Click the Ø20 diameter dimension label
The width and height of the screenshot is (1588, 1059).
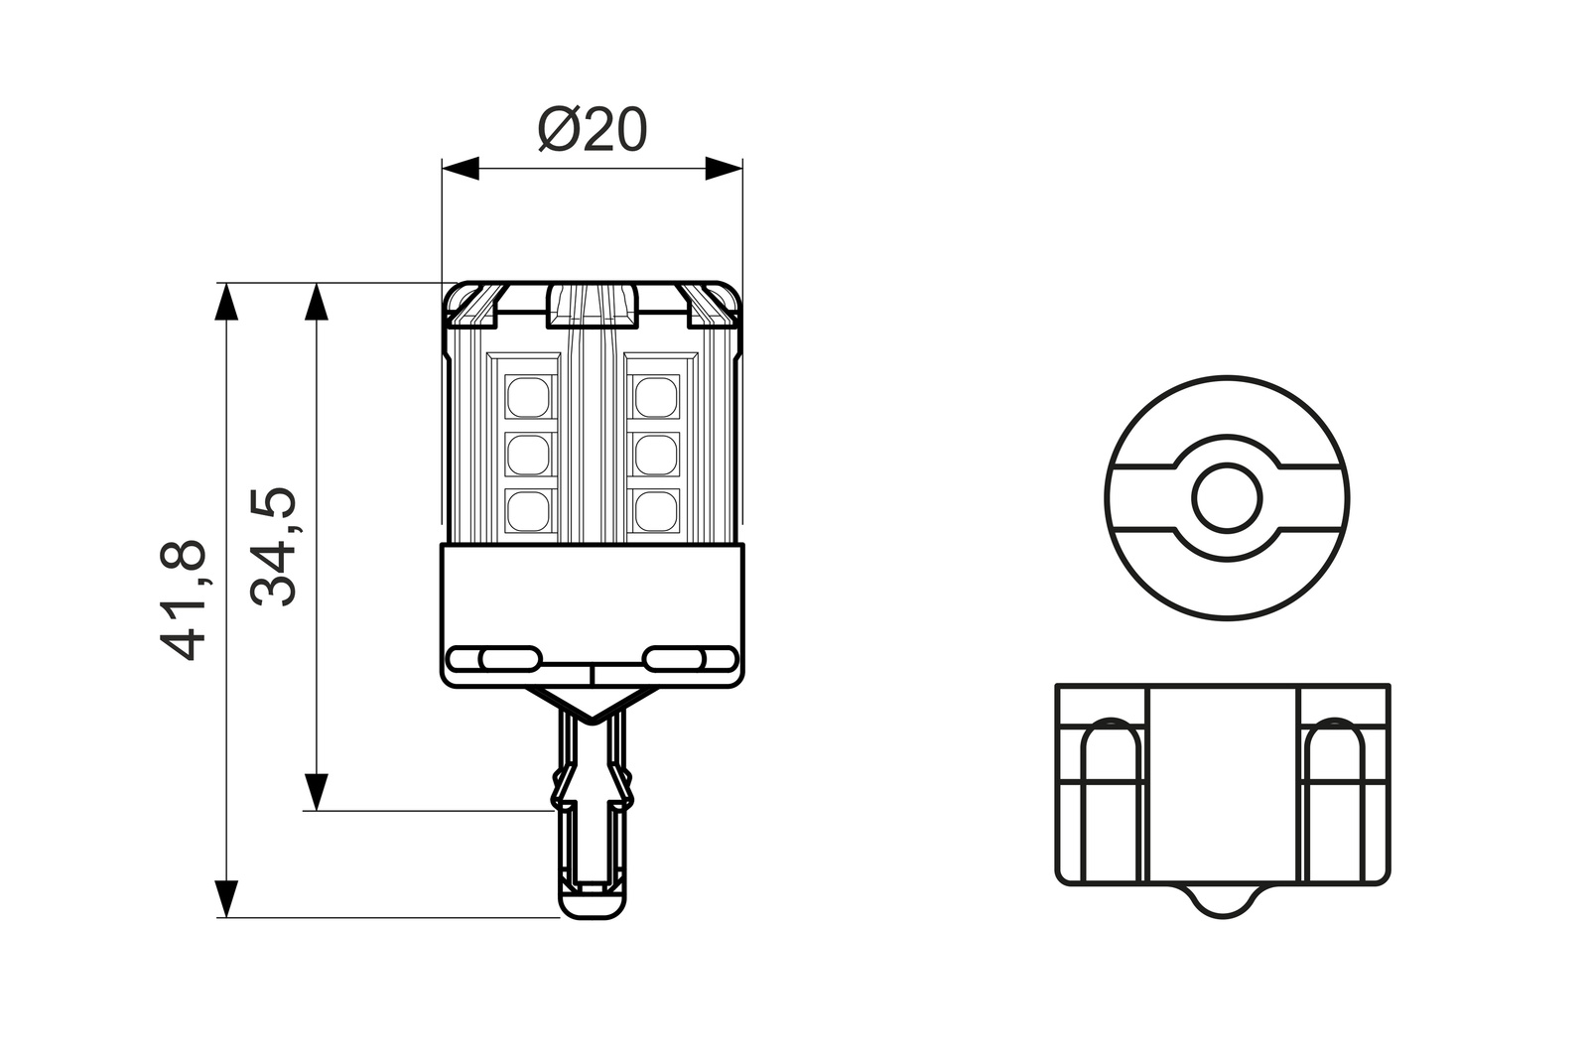[x=593, y=130]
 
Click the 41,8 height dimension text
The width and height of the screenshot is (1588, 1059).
[x=185, y=599]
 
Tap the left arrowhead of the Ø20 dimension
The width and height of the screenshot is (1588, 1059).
[x=461, y=169]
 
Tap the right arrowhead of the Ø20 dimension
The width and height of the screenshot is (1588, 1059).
[x=724, y=169]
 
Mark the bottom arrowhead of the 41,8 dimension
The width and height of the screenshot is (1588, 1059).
[x=227, y=899]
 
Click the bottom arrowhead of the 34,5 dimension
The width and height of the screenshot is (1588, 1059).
[x=316, y=792]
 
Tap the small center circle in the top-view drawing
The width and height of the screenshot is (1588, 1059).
[x=1227, y=498]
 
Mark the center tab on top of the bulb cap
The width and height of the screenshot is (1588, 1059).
[x=592, y=304]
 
